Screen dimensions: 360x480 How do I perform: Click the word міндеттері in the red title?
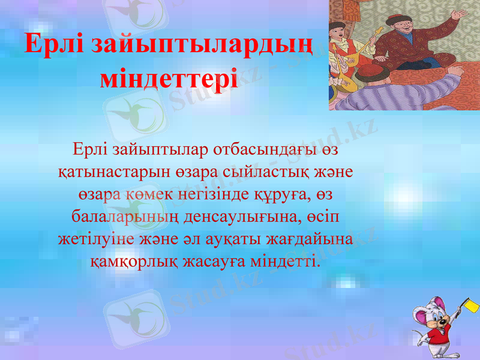169,79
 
